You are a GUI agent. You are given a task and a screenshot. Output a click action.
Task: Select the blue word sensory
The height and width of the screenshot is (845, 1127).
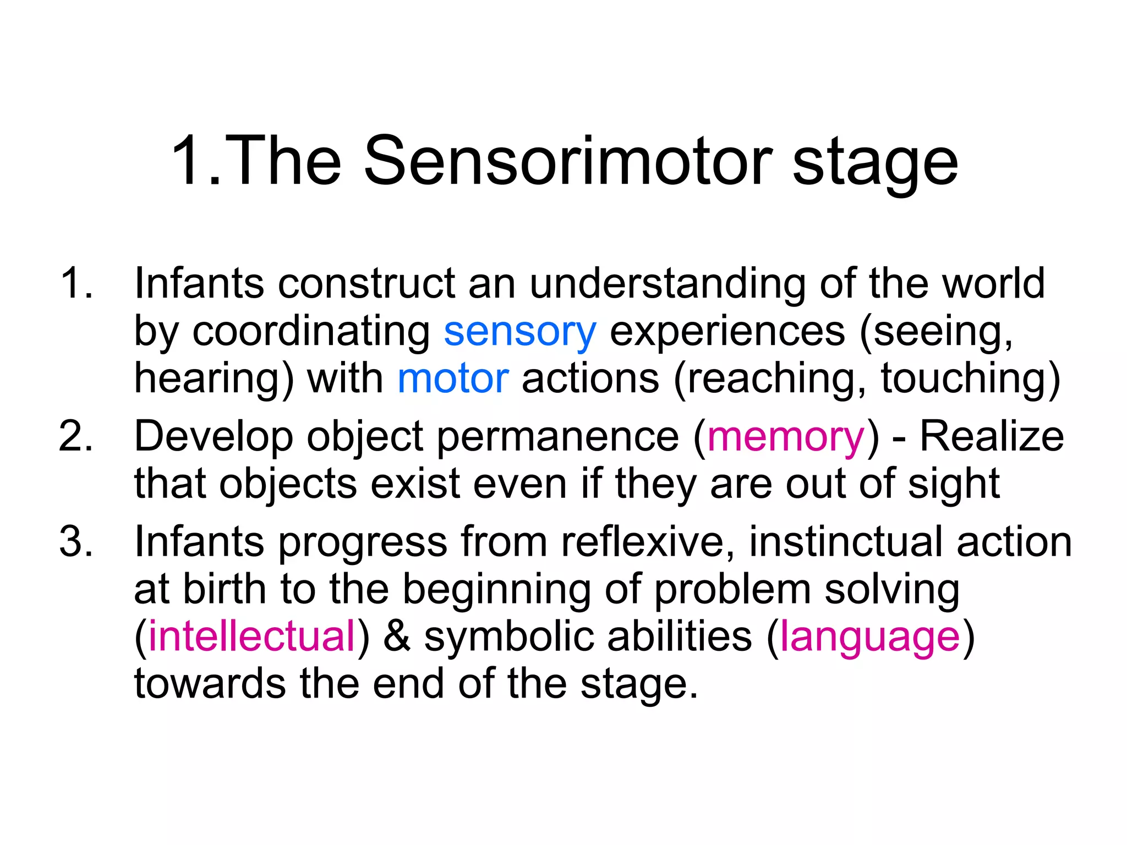tap(519, 333)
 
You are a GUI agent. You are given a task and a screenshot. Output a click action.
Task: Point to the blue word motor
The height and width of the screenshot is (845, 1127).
tap(452, 379)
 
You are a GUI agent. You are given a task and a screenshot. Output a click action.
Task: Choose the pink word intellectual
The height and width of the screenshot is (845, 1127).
tap(252, 637)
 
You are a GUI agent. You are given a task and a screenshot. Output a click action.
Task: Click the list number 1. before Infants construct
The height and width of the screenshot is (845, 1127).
tap(76, 283)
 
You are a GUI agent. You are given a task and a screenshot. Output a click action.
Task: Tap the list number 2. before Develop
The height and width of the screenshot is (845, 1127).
tap(76, 437)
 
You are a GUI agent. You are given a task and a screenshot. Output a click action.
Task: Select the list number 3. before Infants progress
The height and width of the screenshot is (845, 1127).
tap(76, 542)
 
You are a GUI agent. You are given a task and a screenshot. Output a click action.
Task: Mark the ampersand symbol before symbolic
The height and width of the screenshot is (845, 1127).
tap(397, 637)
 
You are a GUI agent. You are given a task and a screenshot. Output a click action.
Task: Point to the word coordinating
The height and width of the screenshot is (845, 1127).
tap(311, 333)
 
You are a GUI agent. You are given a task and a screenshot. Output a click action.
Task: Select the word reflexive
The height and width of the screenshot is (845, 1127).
tap(648, 542)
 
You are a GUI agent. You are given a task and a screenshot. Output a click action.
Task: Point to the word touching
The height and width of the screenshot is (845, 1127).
tap(964, 379)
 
